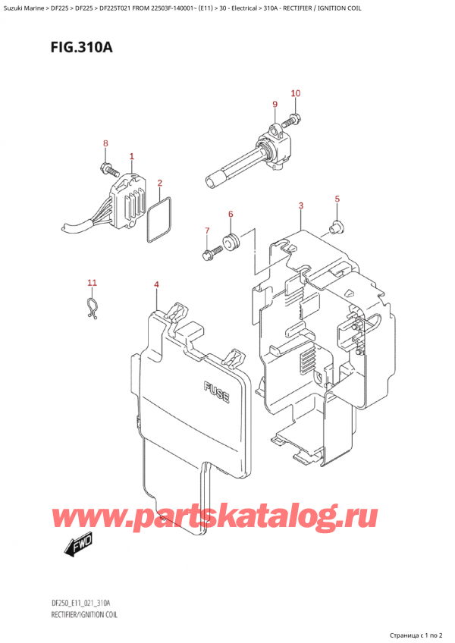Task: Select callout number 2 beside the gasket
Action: (160, 183)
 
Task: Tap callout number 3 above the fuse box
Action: (301, 205)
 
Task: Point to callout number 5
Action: (337, 199)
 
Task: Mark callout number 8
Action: (106, 143)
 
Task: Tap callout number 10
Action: (296, 93)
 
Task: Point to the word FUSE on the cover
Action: (218, 391)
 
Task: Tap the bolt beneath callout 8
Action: (106, 165)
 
